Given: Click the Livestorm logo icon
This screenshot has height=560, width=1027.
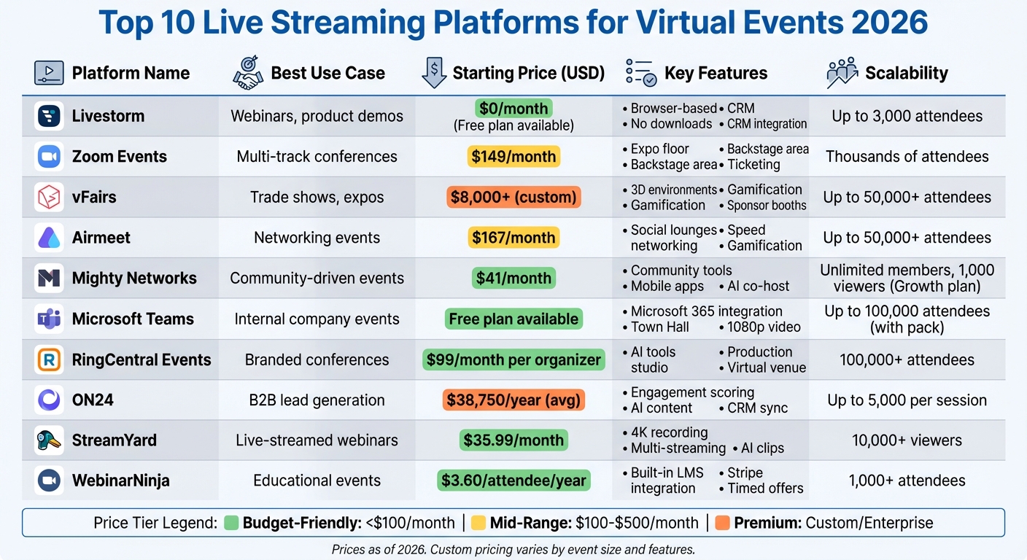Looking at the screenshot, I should pos(49,116).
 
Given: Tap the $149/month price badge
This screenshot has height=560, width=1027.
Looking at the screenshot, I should pos(513,156).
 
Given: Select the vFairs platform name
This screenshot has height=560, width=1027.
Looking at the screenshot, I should pos(94,197).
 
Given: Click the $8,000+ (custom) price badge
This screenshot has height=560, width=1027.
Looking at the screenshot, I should pos(513,197).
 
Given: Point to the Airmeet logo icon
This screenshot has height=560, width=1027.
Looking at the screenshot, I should pos(49,238).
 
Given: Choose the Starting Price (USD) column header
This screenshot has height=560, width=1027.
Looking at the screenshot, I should pos(528,73).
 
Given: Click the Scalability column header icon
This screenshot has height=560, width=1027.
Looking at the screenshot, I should pos(842,73).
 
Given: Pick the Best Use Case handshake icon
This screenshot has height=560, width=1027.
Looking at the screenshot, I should pos(248,73).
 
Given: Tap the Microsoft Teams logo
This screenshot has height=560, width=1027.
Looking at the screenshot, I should pos(49,319).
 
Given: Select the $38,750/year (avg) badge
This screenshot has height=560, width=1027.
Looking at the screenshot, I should pos(513,400).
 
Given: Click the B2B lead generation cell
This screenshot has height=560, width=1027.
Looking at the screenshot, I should pos(317,400).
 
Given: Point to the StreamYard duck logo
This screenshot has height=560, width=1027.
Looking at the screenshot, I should pos(49,440).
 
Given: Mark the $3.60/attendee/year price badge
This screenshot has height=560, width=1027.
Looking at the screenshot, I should pos(513,481).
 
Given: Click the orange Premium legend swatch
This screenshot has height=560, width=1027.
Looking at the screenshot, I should pos(723,523).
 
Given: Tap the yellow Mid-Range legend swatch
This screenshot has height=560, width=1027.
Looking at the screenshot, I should pos(478,523).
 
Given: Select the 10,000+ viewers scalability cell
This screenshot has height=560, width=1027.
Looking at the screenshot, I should pos(907,440).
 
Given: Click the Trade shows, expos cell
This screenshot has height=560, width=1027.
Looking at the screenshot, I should pos(317,197).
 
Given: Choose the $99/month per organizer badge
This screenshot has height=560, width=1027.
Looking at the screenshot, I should pos(513,359).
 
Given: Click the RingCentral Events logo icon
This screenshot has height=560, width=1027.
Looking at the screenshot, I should pos(49,359).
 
